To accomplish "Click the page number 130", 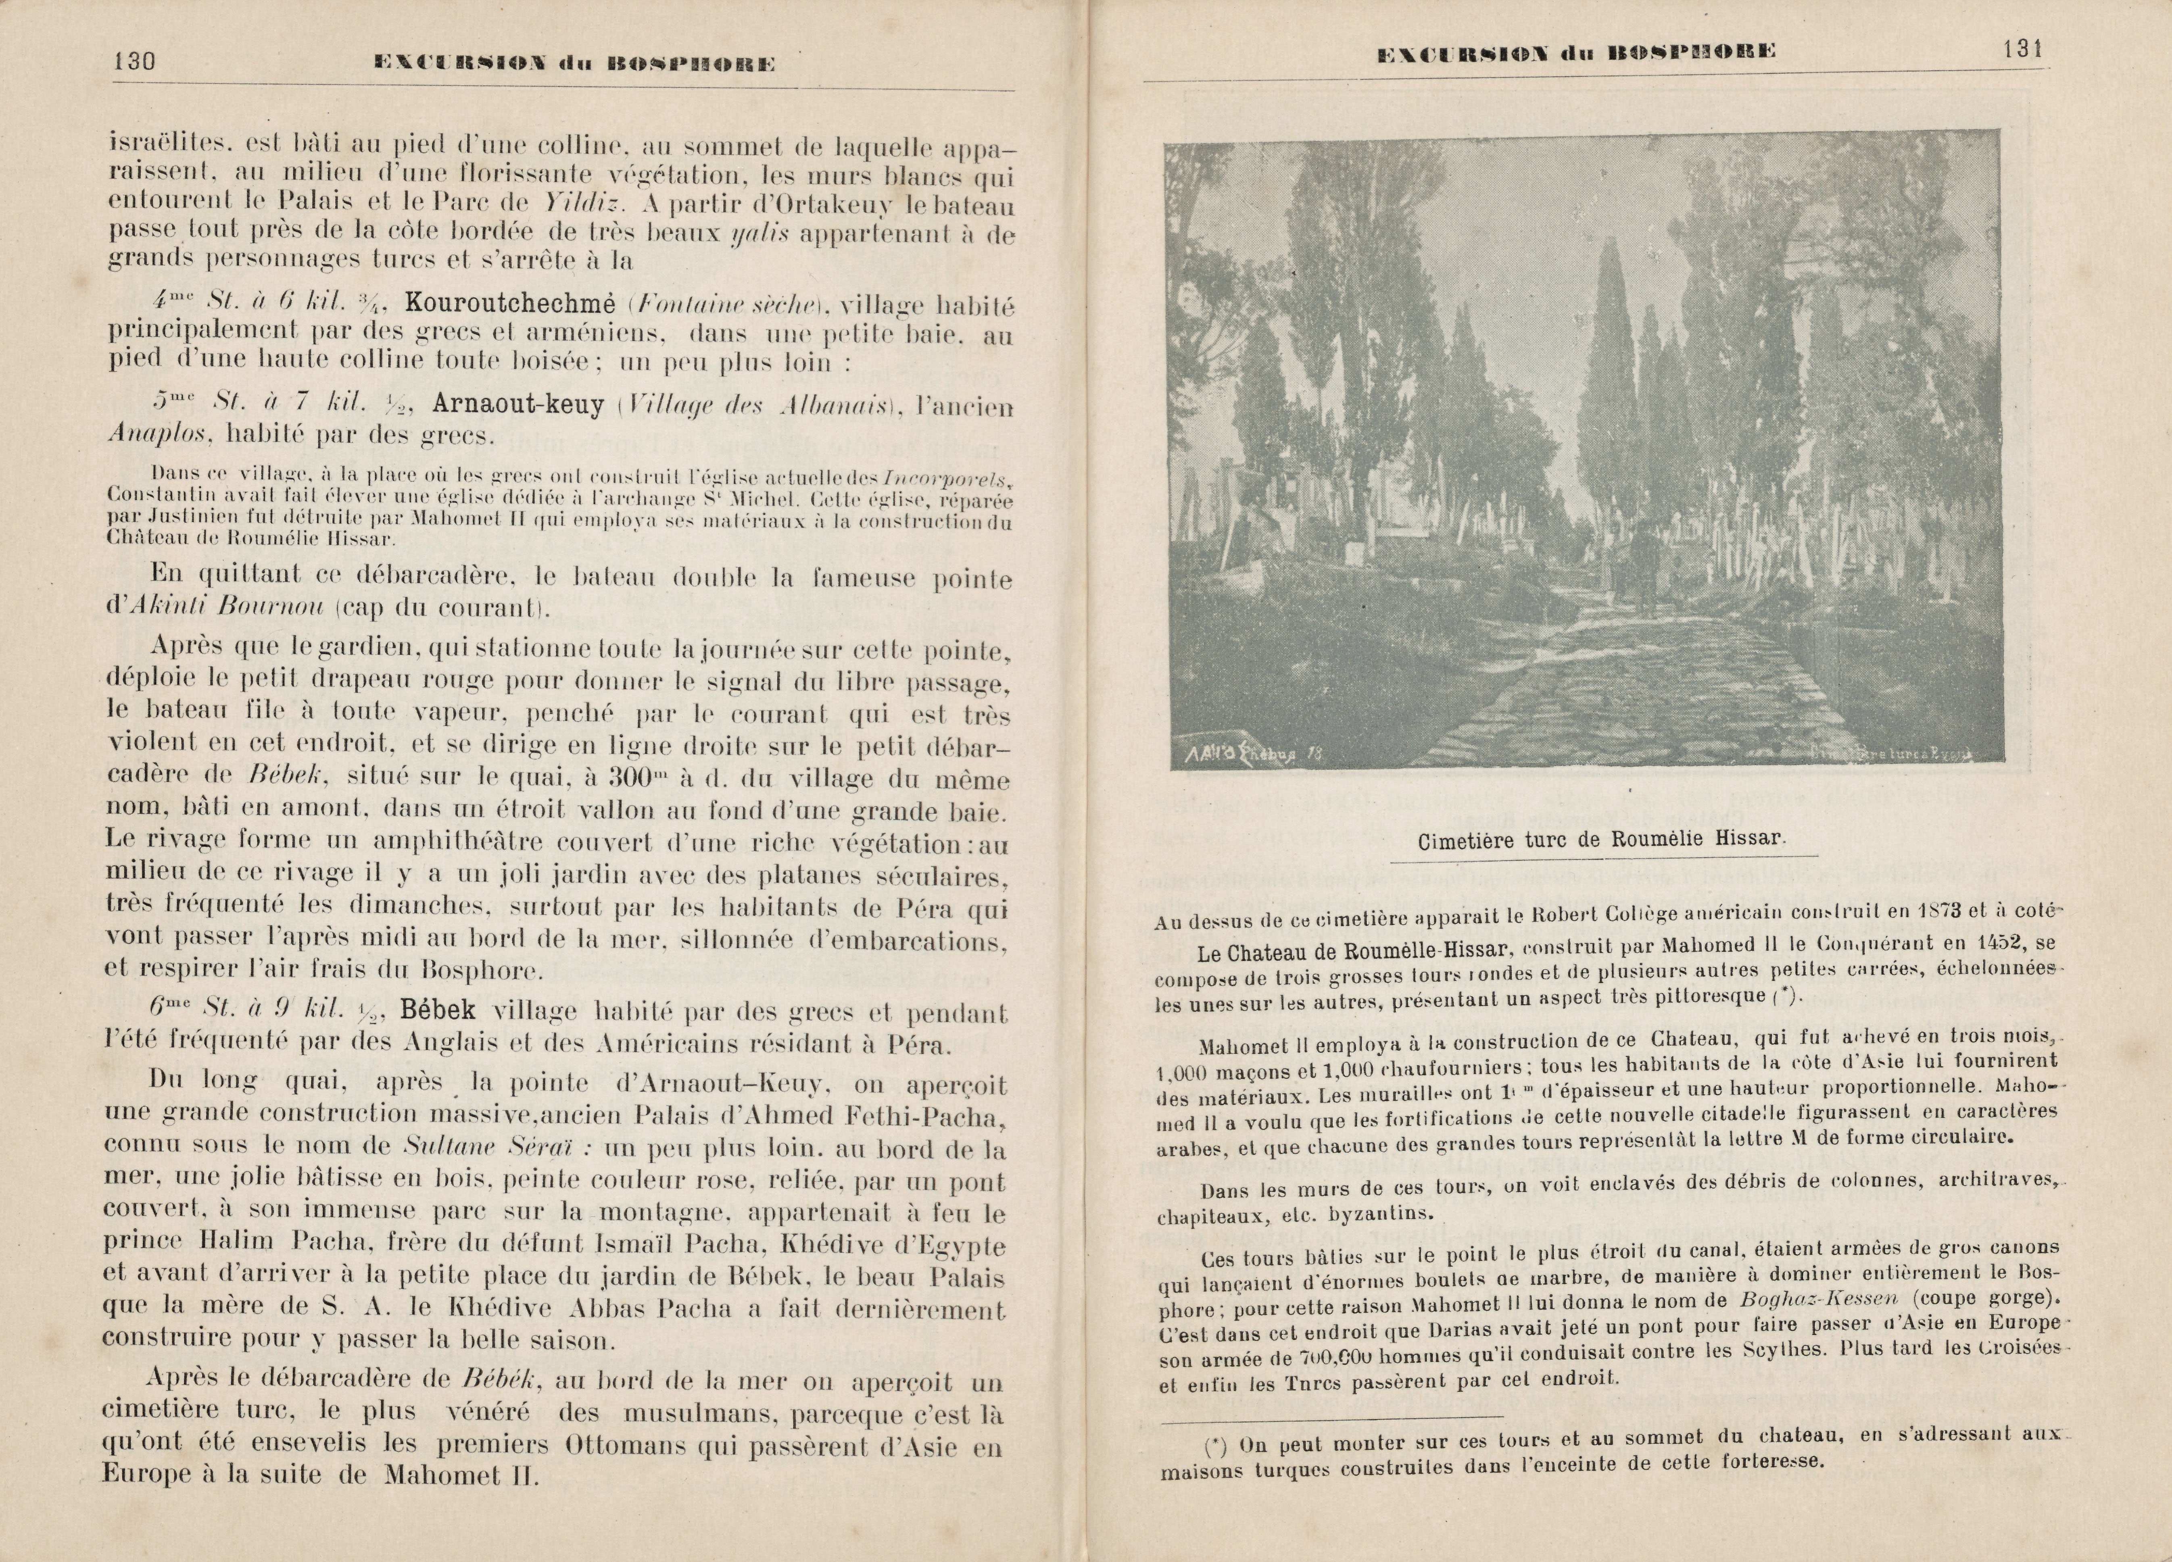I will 134,61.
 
